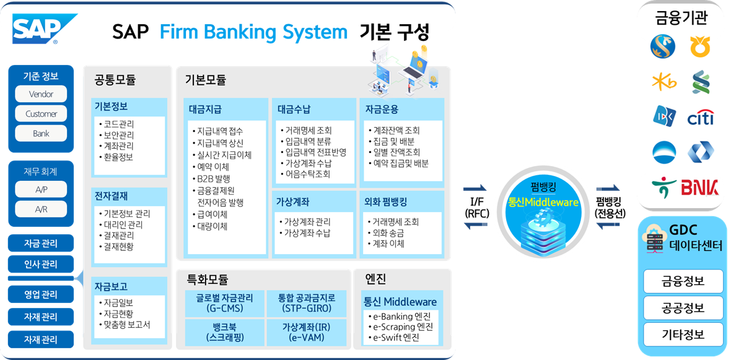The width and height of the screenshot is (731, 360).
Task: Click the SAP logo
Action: click(x=42, y=29)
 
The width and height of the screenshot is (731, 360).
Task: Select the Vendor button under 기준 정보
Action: click(x=41, y=94)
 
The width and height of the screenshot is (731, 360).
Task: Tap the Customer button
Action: click(x=41, y=114)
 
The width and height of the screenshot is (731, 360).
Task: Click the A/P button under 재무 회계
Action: click(x=41, y=190)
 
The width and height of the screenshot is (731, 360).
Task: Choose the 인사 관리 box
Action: click(x=41, y=265)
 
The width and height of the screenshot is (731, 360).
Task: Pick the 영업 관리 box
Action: click(x=41, y=294)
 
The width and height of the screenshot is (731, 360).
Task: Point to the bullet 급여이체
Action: click(x=211, y=214)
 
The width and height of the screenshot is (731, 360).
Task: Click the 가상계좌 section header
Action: click(x=293, y=201)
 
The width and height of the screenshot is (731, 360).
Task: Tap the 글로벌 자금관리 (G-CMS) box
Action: click(x=224, y=303)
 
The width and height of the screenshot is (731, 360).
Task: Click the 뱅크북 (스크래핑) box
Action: click(x=224, y=332)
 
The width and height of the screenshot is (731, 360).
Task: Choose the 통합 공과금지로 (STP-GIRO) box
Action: click(x=307, y=303)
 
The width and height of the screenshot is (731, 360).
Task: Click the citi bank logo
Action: click(x=701, y=117)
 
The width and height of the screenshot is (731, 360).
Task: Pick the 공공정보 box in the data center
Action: click(x=683, y=308)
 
